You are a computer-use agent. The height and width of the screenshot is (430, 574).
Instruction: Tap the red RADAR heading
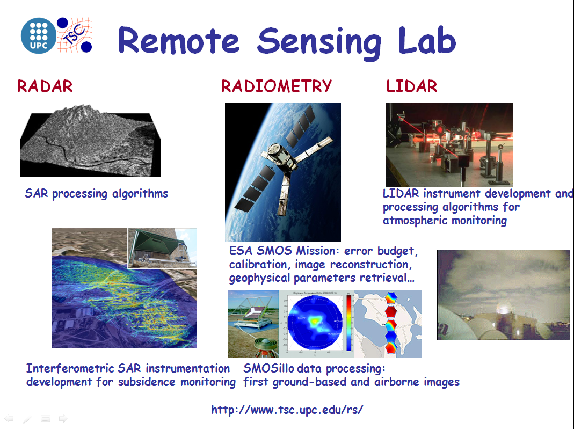pos(45,86)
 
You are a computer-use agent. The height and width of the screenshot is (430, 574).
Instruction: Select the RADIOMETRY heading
pos(276,86)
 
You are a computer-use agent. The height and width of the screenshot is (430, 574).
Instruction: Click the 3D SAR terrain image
pos(90,141)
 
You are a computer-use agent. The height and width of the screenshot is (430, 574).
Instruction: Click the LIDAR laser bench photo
pos(449,144)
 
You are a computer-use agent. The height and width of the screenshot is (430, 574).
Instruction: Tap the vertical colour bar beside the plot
pos(349,324)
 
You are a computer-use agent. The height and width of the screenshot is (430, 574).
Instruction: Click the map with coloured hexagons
pos(388,324)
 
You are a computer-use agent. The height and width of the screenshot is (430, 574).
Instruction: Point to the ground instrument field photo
pos(253,324)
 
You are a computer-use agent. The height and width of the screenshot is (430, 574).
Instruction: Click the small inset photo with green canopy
pos(162,247)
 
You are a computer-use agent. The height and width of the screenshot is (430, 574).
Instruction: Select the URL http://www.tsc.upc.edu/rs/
pos(287,410)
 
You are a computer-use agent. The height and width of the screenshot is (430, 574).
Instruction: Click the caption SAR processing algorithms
pos(96,194)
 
